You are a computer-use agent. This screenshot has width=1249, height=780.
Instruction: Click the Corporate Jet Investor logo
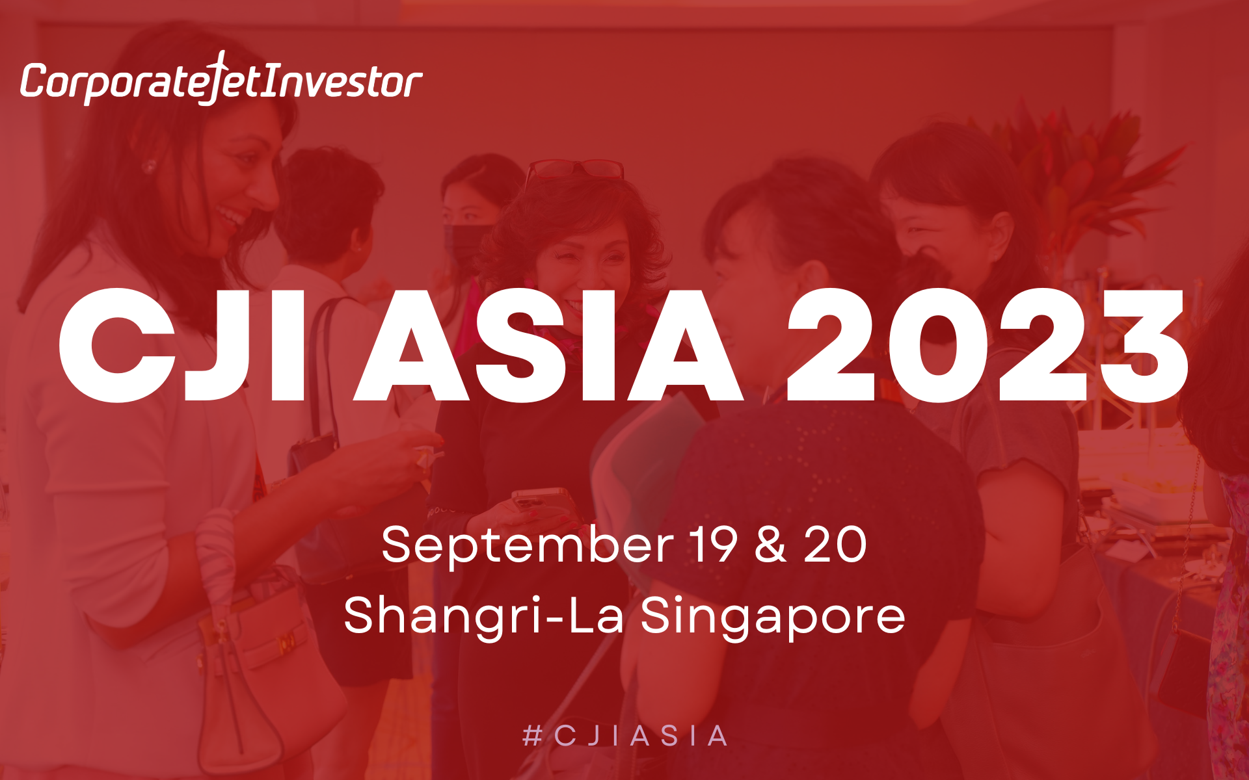point(221,79)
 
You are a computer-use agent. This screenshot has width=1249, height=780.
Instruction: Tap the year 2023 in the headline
point(987,345)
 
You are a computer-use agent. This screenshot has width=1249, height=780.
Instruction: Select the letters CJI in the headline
point(181,345)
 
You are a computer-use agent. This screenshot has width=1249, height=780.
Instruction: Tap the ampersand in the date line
point(770,544)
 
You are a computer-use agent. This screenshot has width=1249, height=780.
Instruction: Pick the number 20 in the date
point(835,544)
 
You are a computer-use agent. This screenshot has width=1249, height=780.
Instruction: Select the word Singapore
point(773,617)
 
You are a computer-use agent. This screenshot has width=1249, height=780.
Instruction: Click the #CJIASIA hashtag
point(624,736)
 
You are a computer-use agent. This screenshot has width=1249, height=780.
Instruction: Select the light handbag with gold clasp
point(260,656)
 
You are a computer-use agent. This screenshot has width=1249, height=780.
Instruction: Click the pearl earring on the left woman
point(149,167)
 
